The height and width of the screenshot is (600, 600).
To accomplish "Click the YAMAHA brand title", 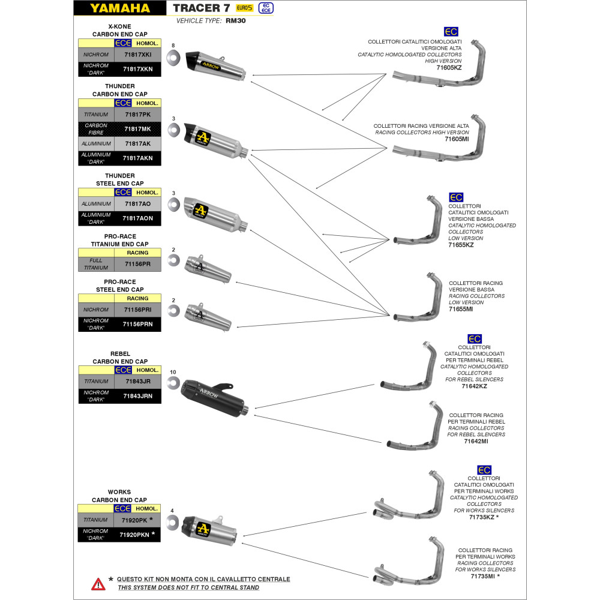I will [x=121, y=8].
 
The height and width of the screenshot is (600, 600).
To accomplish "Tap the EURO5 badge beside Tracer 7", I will [x=244, y=8].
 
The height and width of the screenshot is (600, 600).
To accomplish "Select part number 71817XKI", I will [x=138, y=55].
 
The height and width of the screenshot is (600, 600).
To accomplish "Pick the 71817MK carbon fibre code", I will [x=137, y=129].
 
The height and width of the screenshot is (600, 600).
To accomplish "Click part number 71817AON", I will [x=137, y=218].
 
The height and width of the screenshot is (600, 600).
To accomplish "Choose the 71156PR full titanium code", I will [x=137, y=264].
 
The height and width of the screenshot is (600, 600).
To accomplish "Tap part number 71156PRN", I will [x=137, y=324].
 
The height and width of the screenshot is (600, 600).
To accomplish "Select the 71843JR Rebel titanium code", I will [x=137, y=381].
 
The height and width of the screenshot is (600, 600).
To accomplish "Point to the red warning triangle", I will [x=97, y=583].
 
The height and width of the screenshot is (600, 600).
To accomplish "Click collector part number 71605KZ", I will [x=449, y=68].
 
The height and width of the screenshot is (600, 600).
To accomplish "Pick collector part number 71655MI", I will [x=461, y=309].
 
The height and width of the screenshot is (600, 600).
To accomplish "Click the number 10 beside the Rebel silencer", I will [x=173, y=373].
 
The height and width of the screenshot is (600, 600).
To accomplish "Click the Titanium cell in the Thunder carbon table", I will [x=96, y=114].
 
